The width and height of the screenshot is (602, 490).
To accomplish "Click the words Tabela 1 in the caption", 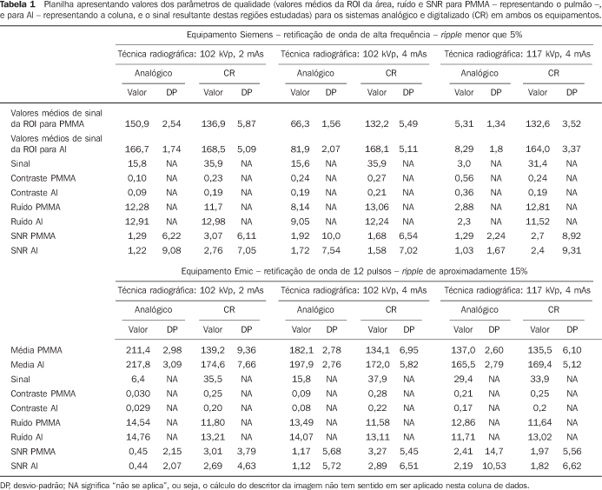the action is click(x=17, y=5).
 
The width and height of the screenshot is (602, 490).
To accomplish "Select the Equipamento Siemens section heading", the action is click(x=354, y=35).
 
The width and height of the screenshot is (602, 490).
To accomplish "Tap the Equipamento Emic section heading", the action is click(x=354, y=271).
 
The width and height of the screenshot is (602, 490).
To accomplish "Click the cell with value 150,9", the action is click(x=137, y=123).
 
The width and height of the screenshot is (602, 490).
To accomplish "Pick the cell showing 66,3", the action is click(x=300, y=123).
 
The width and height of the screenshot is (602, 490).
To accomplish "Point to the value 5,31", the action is click(x=464, y=123).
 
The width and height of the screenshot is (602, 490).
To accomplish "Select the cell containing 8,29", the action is click(x=464, y=149).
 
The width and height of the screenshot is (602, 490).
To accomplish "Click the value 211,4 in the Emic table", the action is click(x=138, y=350).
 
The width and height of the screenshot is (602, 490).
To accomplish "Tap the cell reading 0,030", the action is click(x=138, y=394).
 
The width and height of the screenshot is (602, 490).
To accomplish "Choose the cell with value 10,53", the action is click(x=494, y=466).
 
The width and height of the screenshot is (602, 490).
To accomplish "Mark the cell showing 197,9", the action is click(x=301, y=364).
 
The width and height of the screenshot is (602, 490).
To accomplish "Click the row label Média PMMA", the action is click(x=36, y=350).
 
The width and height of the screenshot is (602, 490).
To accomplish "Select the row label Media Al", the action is click(x=28, y=364).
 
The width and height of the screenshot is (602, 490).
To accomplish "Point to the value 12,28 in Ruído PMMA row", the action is click(x=137, y=207).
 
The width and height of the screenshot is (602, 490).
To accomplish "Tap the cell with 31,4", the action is click(x=538, y=163).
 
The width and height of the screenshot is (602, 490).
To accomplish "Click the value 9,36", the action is click(x=247, y=350).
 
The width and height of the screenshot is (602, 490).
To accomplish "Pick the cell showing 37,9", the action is click(x=377, y=379).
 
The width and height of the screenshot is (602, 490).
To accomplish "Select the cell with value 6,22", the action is click(x=172, y=235).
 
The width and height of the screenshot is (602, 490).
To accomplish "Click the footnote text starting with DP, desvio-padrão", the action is click(x=265, y=486).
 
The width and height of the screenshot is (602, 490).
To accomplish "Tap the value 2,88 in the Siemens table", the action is click(x=464, y=207).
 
